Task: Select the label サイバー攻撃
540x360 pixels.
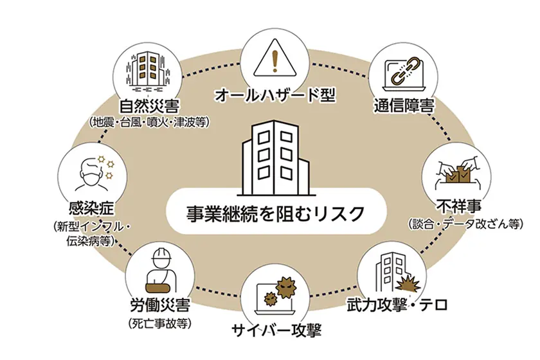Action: pyautogui.click(x=275, y=332)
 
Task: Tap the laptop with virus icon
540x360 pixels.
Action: pyautogui.click(x=275, y=295)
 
